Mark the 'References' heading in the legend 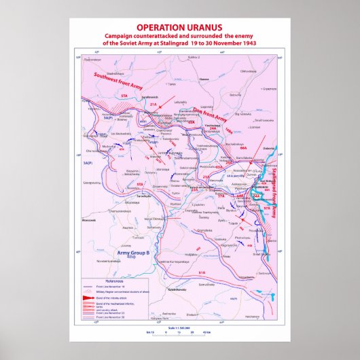(113, 281)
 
